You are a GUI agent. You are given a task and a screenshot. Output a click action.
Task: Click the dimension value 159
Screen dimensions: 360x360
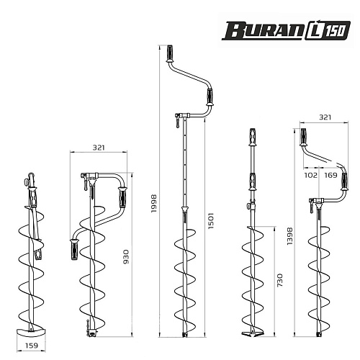(32, 346)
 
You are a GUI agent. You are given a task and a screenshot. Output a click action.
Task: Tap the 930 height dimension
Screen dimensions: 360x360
(126, 257)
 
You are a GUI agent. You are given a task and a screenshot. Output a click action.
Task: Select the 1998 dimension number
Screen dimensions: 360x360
(153, 203)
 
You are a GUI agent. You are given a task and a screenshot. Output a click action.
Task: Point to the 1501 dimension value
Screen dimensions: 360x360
(211, 220)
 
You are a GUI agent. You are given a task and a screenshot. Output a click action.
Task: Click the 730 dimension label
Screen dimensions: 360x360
(280, 280)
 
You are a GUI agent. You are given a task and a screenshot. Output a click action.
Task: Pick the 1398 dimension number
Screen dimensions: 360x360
(290, 236)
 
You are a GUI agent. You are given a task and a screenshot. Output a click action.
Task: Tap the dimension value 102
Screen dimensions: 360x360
(311, 175)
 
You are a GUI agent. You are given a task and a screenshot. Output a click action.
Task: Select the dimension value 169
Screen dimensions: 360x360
(331, 175)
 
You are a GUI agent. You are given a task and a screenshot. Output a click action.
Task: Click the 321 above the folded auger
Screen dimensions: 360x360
(99, 148)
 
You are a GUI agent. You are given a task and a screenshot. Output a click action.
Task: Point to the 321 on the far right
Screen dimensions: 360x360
(325, 117)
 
